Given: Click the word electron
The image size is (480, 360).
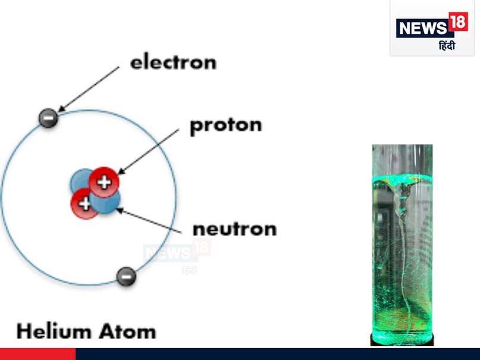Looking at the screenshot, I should click(174, 62).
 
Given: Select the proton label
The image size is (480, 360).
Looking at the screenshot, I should click(225, 126).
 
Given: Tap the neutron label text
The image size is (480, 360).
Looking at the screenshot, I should click(234, 228).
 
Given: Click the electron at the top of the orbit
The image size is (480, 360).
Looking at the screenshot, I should click(48, 118).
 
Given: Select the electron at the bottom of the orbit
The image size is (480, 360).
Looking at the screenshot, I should click(126, 276).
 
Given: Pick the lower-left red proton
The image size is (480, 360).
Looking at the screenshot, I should click(84, 204).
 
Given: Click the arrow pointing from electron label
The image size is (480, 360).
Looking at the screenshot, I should click(89, 89).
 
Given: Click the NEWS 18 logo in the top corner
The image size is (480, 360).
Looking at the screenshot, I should click(432, 28).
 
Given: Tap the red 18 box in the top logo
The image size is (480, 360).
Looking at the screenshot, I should click(459, 23).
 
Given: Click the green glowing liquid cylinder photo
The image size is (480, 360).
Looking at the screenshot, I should click(402, 244).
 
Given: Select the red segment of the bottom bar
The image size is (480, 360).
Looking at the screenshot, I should click(37, 354).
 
